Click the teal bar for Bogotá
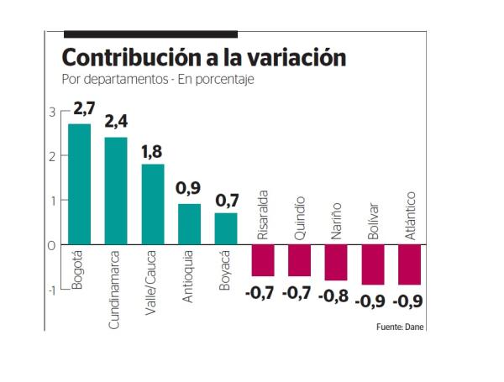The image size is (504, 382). (x=79, y=184)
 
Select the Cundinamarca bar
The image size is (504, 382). (x=116, y=191)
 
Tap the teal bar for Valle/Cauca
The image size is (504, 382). (x=152, y=204)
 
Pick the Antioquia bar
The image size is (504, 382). (x=189, y=224)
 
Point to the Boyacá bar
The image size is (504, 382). (x=226, y=228)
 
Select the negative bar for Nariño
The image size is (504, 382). (x=336, y=263)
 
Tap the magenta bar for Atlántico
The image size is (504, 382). (x=410, y=264)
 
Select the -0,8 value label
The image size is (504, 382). (x=336, y=295)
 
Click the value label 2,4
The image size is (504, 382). (x=116, y=122)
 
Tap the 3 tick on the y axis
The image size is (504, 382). (x=52, y=112)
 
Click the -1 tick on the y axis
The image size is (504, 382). (x=50, y=290)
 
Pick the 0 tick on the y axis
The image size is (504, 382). (x=52, y=245)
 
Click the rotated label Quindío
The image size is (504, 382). (x=300, y=217)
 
